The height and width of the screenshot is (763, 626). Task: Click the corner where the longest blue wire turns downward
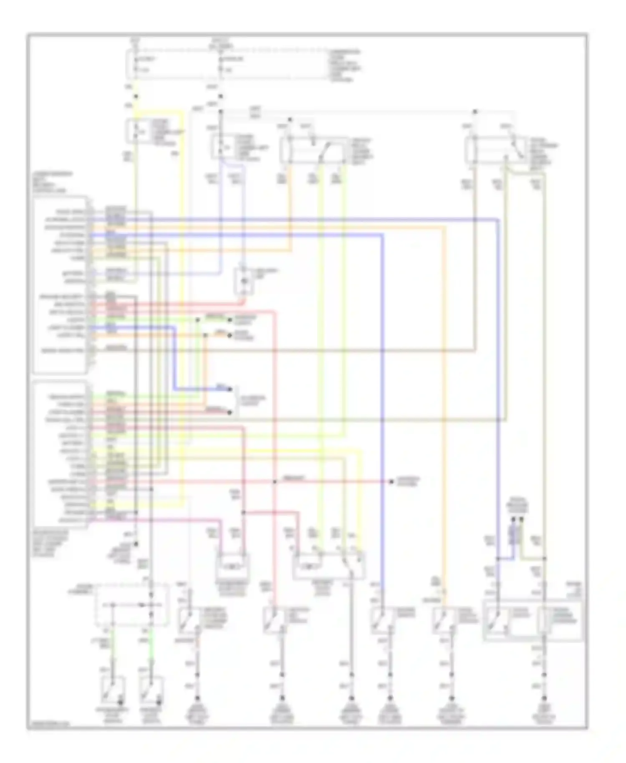pos(498,219)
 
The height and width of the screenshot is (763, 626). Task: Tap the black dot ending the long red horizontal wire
pos(391,482)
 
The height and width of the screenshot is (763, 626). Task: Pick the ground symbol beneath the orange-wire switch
pos(452,698)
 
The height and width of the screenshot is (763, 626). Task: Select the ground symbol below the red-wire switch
pos(282,698)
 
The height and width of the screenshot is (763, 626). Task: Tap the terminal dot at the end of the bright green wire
pos(229,320)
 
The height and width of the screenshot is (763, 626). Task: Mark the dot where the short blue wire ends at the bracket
pos(230,389)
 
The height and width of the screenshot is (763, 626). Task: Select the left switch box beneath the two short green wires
pos(113,688)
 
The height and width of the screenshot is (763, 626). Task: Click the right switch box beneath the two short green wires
pos(150,688)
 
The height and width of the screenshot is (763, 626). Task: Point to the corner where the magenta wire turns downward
pos(220,520)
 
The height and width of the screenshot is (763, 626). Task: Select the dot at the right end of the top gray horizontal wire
pos(475,112)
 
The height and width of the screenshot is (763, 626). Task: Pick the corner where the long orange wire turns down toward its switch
pos(444,227)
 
